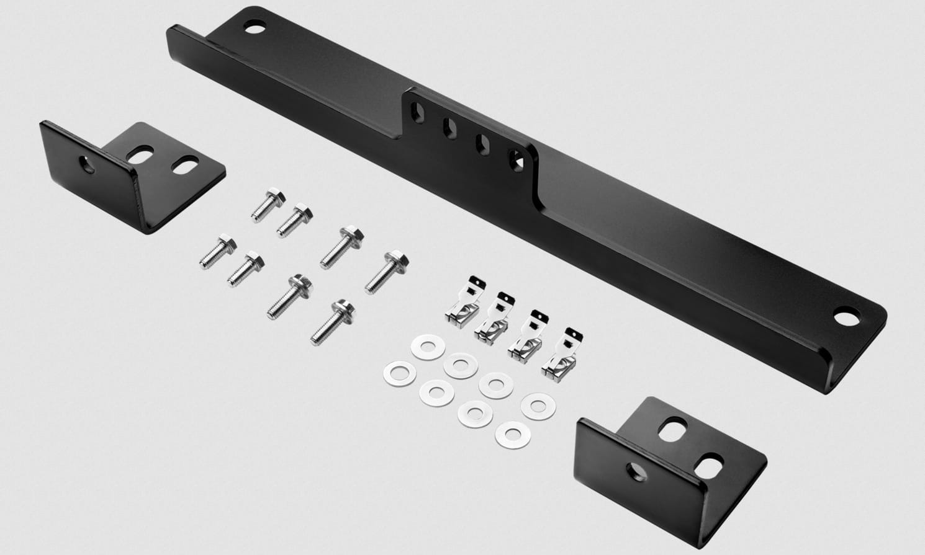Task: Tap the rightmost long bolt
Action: (385, 270)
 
